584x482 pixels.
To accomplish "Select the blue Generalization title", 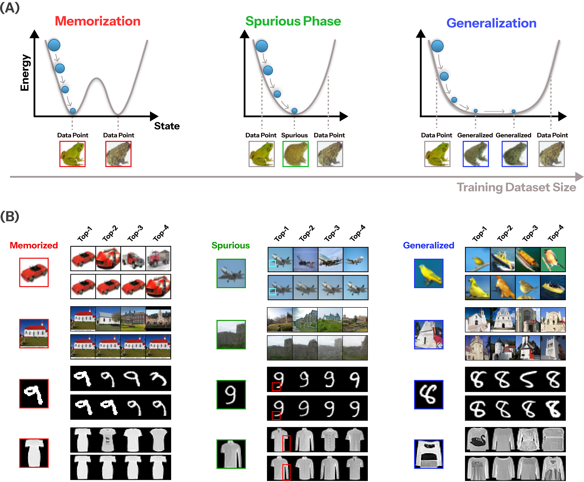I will pos(491,23).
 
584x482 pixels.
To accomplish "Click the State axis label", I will pos(167,126).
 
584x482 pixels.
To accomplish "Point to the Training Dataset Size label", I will pos(516,187).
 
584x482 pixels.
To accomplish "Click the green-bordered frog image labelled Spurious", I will pos(295,154).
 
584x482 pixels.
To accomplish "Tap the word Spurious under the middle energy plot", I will pos(294,135).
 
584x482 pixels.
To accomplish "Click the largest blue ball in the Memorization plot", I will pos(54,45).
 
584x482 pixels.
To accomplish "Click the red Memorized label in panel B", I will pos(34,245).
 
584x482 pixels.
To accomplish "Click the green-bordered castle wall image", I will pos(231,335).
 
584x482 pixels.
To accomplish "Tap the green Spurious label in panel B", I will pos(231,245).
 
